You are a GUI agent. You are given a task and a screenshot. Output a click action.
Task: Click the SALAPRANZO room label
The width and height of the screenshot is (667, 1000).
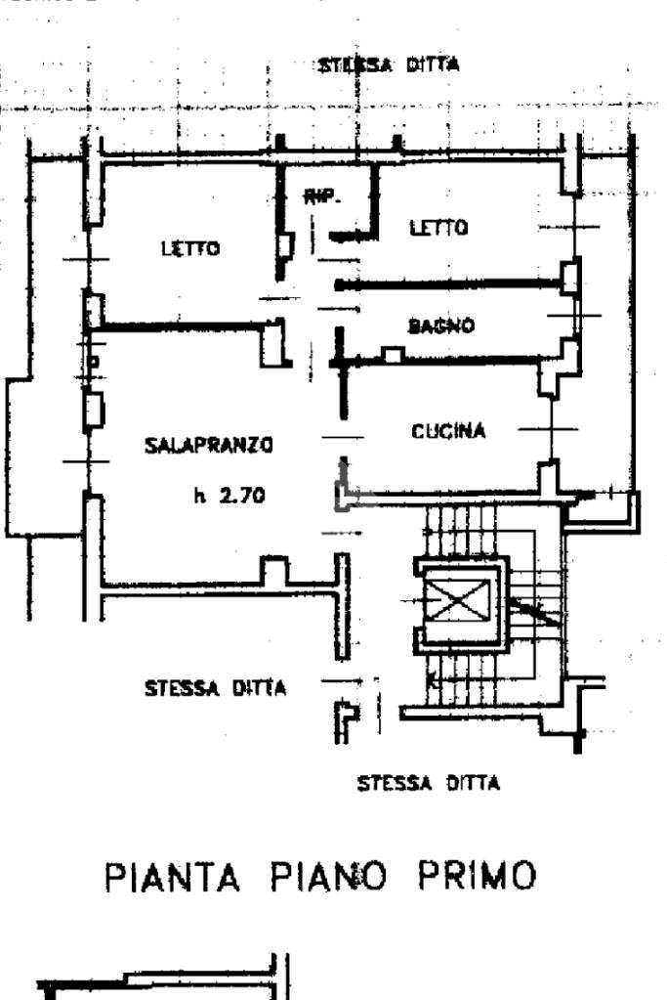208,446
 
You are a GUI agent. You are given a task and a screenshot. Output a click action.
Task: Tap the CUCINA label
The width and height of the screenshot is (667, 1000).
447,431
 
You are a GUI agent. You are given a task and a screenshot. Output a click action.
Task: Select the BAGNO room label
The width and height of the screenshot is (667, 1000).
441,326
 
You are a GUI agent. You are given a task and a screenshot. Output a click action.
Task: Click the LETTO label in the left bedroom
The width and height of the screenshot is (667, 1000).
190,248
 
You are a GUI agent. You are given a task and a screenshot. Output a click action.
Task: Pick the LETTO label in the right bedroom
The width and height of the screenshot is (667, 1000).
438,228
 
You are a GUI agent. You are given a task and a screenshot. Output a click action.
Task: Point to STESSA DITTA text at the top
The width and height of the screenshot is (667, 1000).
390,67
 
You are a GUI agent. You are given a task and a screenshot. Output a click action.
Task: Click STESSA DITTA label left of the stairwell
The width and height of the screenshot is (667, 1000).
215,688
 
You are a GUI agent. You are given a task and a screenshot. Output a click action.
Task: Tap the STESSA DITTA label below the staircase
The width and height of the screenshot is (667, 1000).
429,783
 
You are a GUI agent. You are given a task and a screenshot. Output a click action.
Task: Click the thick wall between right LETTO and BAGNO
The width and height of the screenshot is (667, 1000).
449,284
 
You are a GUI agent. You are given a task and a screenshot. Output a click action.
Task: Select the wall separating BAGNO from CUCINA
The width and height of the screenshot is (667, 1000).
439,361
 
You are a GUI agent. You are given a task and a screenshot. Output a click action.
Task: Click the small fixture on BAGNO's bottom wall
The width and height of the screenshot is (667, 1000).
393,355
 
